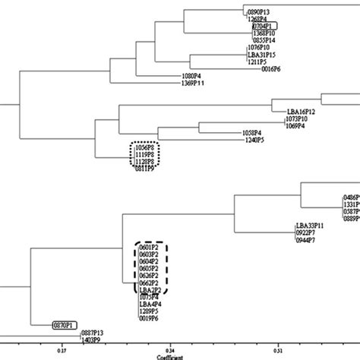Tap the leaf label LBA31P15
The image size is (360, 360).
(x=261, y=55)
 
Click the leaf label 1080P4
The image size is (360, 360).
(x=193, y=77)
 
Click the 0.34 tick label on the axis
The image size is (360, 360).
(x=170, y=351)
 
